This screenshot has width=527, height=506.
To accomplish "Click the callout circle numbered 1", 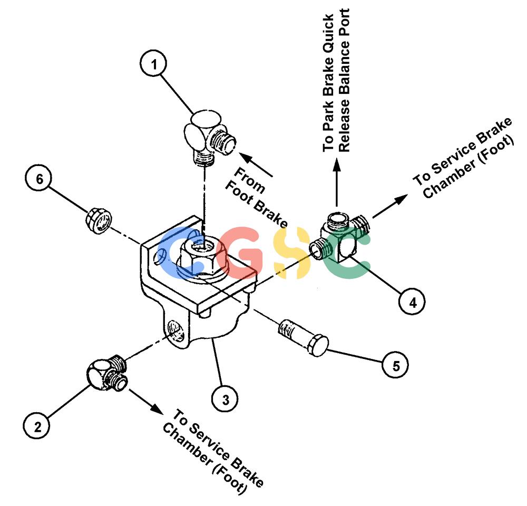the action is [153, 64].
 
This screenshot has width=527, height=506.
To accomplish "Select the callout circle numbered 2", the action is [37, 426].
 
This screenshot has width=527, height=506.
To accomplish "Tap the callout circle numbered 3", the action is [225, 399].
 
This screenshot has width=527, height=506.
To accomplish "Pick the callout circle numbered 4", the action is [412, 301].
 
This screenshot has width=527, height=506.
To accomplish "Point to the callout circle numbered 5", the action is [396, 365].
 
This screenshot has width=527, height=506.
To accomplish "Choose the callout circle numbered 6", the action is [38, 179].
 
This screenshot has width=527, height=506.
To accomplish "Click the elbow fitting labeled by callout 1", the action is [209, 137].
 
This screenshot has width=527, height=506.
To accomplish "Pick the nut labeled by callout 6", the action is [98, 220].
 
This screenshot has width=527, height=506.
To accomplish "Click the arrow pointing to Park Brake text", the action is [336, 183].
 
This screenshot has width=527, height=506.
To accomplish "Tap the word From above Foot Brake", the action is [249, 180].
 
